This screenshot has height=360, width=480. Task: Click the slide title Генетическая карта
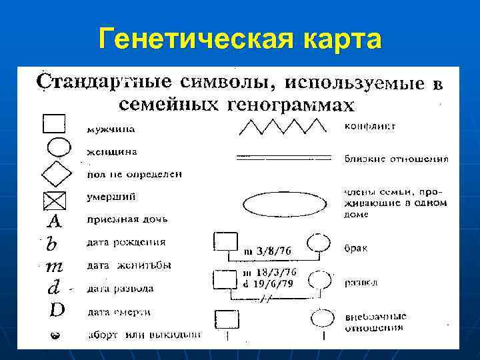coord(240,39)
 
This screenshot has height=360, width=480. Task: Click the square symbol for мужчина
coord(54,124)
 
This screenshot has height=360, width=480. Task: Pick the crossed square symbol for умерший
coord(55,199)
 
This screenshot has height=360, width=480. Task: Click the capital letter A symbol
coord(55,221)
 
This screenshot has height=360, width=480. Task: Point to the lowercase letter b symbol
coord(51,244)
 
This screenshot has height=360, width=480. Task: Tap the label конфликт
coord(371,125)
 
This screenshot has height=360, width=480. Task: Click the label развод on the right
coord(361,282)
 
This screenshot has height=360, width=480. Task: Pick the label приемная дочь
coord(127,219)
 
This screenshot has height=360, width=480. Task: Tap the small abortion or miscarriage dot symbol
coord(56,335)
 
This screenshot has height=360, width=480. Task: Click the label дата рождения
coord(127,242)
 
